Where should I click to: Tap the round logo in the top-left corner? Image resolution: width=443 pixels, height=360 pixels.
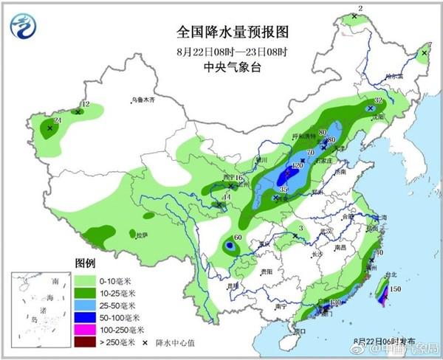point(26,26)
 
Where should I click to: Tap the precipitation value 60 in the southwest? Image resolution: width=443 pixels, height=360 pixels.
point(238,238)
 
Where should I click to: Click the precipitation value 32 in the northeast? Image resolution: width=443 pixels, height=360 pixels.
point(378,100)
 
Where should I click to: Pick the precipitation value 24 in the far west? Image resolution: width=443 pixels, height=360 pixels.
point(58,120)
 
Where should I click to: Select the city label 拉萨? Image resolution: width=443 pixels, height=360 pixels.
point(142,235)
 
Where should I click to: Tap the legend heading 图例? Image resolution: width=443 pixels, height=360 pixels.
point(86,263)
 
